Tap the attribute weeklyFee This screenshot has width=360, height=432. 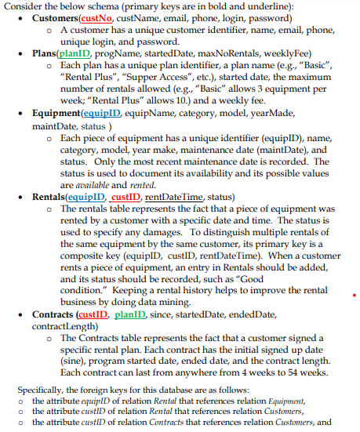click(264, 52)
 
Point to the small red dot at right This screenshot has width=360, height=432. click(355, 297)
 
